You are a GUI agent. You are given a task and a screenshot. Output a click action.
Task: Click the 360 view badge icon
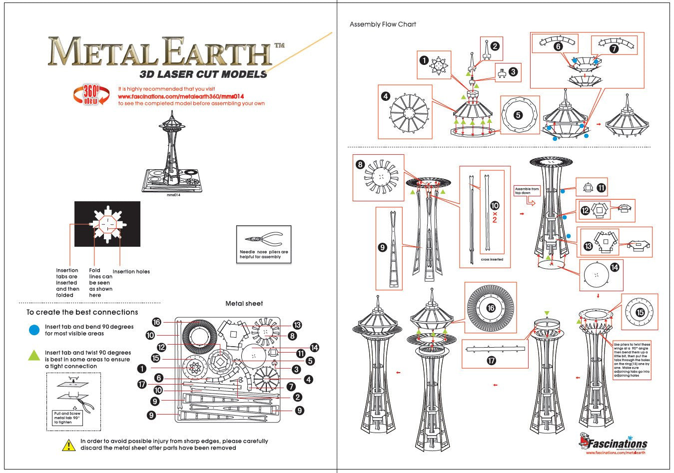[x=91, y=94]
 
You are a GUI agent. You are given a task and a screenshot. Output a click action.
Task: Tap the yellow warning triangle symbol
[x=68, y=445]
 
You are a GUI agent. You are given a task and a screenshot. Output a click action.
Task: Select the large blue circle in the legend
[x=34, y=330]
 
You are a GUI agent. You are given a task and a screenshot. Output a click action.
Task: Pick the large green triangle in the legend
[x=34, y=355]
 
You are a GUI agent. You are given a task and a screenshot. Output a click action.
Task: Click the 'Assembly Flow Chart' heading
[x=383, y=24]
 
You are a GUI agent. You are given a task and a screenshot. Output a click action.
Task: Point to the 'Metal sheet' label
[x=244, y=304]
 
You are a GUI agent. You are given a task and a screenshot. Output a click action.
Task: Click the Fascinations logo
[x=614, y=443]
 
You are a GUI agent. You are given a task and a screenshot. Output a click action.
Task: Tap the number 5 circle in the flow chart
[x=518, y=115]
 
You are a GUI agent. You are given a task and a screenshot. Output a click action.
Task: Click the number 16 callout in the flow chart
[x=491, y=308]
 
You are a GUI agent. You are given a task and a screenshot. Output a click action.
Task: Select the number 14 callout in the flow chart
[x=615, y=268]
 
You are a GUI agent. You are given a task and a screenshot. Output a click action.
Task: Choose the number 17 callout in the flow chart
[x=492, y=360]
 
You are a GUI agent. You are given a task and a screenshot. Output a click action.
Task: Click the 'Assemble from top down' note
[x=527, y=191]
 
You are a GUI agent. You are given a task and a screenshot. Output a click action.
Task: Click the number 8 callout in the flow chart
[x=361, y=164]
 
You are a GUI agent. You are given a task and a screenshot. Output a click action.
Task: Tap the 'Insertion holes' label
[x=131, y=272]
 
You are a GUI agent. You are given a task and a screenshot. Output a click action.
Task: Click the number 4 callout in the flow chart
[x=386, y=96]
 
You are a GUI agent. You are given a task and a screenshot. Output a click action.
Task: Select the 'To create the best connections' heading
[x=82, y=312]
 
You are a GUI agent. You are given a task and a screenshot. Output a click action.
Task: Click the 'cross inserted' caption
[x=492, y=260]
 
